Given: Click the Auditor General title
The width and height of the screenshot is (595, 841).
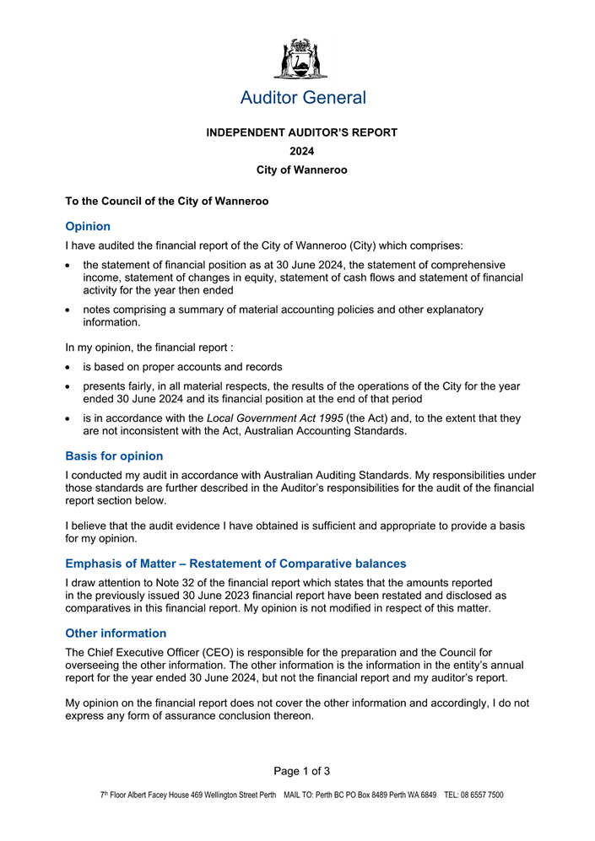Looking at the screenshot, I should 303,98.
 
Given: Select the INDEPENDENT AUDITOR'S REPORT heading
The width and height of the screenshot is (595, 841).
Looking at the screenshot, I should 302,132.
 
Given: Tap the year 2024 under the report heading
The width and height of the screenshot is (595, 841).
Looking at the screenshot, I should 302,151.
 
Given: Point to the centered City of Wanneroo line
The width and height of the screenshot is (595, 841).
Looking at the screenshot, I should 302,170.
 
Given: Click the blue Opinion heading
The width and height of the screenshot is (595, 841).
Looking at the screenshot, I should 88,226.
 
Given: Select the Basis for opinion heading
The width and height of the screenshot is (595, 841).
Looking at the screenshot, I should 114,456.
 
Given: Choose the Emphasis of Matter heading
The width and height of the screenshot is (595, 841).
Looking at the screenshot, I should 235,563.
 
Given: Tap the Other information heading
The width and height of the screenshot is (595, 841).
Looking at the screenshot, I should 116,633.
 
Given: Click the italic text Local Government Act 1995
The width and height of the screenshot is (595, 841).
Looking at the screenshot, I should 274,418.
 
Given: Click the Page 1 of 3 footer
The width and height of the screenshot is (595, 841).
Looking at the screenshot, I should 302,771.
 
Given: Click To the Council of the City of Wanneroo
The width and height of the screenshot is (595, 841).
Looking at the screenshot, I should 167,202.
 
